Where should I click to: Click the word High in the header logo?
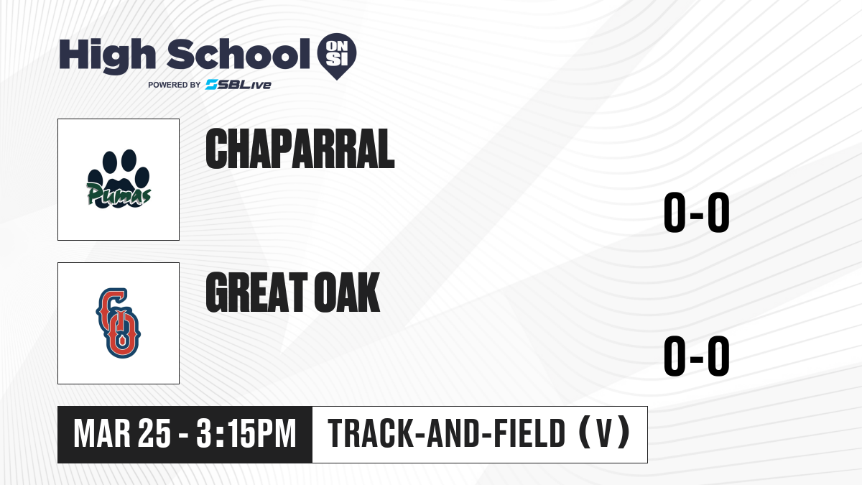[x=107, y=55]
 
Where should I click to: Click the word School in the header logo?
[x=238, y=54]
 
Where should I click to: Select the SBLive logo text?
[x=238, y=84]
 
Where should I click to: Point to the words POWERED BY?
[x=175, y=85]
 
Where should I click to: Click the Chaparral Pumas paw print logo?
[x=119, y=179]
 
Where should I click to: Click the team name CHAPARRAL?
[x=300, y=149]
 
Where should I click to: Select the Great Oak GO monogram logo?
[x=119, y=323]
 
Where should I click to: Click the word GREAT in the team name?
[x=256, y=292]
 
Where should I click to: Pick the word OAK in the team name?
[x=347, y=292]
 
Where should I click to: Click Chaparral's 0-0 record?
[x=697, y=212]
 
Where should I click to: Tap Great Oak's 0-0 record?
[x=697, y=356]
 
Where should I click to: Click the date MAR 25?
[x=122, y=434]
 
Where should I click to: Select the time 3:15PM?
[x=246, y=434]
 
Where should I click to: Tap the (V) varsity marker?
[x=605, y=433]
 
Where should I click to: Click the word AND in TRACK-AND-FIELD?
[x=454, y=434]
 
